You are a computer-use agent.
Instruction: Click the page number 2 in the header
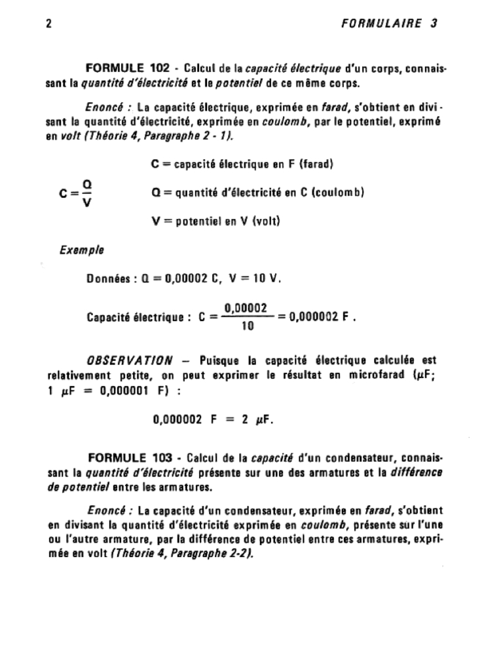coord(50,24)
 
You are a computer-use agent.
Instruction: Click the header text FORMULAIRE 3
coord(389,24)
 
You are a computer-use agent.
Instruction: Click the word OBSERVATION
coord(130,360)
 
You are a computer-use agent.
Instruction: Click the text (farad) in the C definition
coord(316,164)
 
